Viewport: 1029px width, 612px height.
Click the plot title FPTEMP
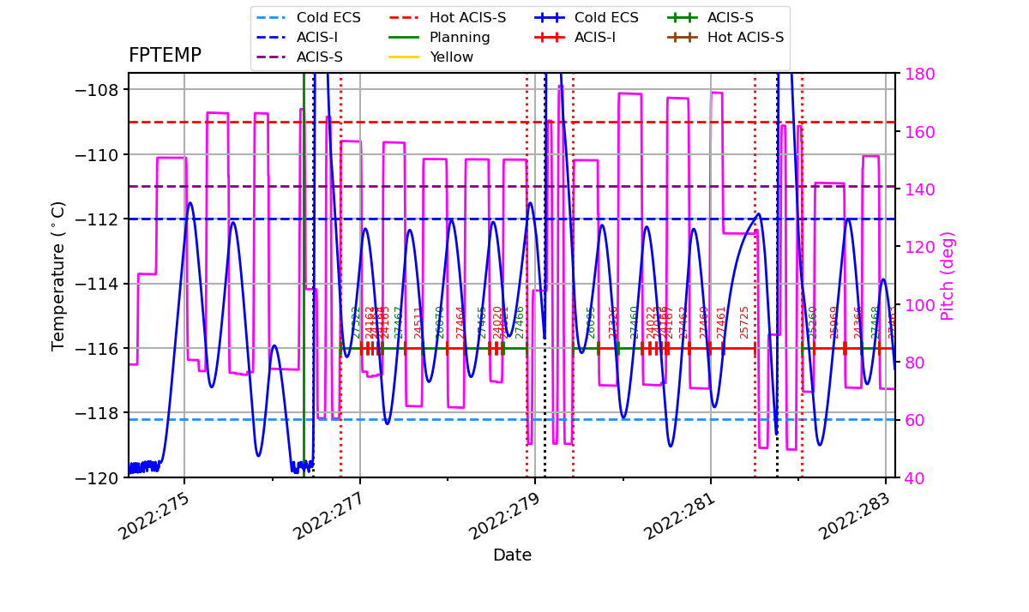[165, 56]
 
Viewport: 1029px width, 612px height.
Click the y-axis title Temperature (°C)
[58, 275]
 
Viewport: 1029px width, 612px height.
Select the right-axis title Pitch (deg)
[948, 275]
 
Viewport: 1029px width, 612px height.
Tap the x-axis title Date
[512, 555]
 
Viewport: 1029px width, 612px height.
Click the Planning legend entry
[460, 38]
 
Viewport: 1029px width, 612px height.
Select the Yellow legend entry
[451, 57]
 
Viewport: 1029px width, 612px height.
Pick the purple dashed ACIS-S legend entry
[319, 57]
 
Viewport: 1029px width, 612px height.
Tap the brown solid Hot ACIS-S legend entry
[745, 38]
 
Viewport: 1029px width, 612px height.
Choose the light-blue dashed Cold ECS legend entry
[328, 18]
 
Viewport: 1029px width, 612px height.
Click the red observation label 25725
[744, 322]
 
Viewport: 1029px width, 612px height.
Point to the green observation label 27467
[398, 322]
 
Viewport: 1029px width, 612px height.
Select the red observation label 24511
[418, 322]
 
